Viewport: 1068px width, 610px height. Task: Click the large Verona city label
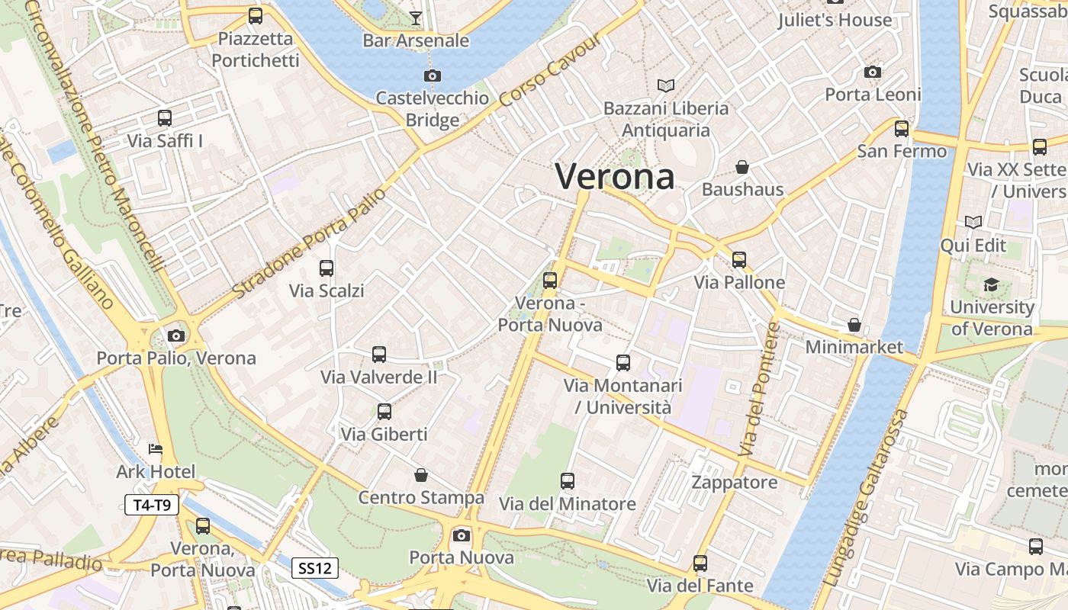pyautogui.click(x=615, y=176)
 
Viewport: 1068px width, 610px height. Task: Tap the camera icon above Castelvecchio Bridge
pyautogui.click(x=433, y=75)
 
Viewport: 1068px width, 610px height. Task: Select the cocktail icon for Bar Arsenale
pyautogui.click(x=415, y=18)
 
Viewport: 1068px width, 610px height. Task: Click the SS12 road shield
pyautogui.click(x=316, y=568)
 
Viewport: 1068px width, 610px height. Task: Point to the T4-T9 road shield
pyautogui.click(x=151, y=505)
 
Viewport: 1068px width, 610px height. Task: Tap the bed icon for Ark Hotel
pyautogui.click(x=156, y=449)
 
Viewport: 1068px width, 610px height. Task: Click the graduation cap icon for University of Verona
pyautogui.click(x=990, y=284)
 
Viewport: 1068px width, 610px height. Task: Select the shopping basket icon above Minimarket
pyautogui.click(x=854, y=325)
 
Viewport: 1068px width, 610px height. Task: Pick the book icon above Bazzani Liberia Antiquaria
pyautogui.click(x=666, y=85)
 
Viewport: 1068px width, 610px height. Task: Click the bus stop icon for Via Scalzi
pyautogui.click(x=327, y=268)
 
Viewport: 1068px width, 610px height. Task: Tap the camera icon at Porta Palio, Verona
pyautogui.click(x=176, y=335)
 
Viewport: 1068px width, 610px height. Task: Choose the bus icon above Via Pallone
pyautogui.click(x=739, y=260)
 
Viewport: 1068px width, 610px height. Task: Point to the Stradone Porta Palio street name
pyautogui.click(x=309, y=242)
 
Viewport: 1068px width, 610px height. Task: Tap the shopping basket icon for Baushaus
pyautogui.click(x=741, y=166)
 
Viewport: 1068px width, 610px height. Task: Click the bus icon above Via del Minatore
pyautogui.click(x=567, y=481)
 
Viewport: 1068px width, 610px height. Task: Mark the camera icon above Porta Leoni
pyautogui.click(x=873, y=72)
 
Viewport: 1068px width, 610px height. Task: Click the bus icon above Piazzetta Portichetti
pyautogui.click(x=256, y=15)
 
